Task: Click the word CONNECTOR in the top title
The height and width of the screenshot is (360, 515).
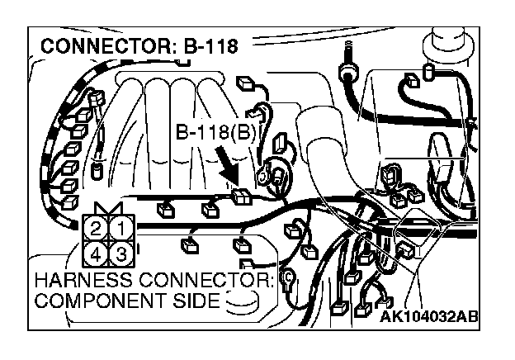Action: click(103, 46)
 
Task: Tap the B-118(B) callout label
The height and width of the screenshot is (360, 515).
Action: click(217, 132)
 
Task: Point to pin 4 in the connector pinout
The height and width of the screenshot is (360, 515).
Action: click(97, 251)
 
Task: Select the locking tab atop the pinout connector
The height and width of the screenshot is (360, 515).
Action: click(110, 208)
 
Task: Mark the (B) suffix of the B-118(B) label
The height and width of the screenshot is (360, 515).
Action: click(247, 132)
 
